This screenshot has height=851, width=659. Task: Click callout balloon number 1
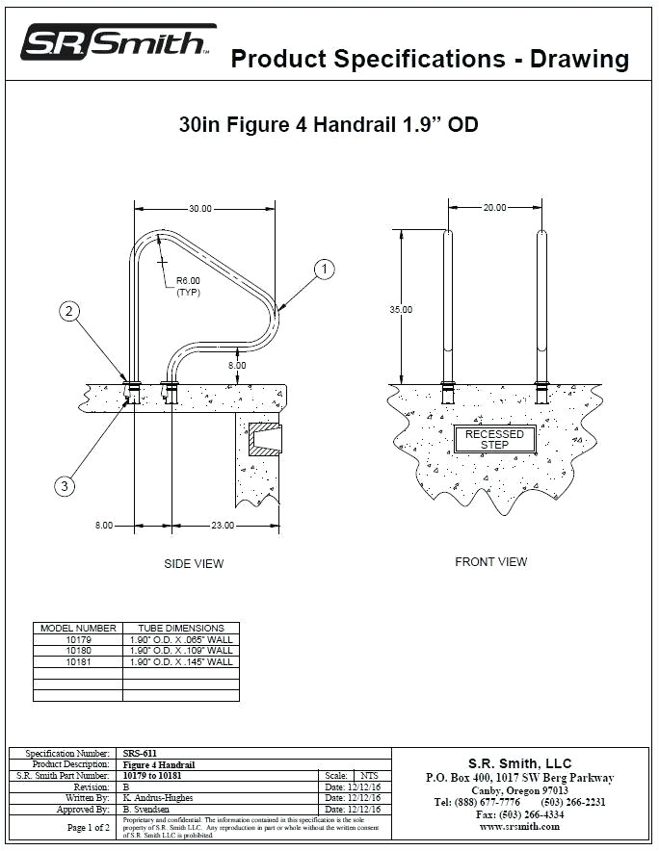point(326,270)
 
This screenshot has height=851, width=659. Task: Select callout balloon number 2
point(68,310)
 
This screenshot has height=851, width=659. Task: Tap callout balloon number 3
point(64,486)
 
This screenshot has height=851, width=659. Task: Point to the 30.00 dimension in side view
point(200,208)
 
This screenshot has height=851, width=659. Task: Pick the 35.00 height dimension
point(401,310)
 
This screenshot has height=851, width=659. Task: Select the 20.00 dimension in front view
point(494,208)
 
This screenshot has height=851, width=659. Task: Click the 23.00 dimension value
point(223,526)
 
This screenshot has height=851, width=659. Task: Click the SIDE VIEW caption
point(194,564)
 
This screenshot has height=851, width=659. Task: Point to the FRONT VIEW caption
point(491,562)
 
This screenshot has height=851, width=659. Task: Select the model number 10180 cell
point(78,650)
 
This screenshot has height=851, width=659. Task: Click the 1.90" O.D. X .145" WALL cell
point(181,661)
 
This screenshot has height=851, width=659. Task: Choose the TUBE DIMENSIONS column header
point(181,628)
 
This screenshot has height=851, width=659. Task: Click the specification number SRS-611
point(141,753)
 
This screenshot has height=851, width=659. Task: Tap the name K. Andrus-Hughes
point(159,798)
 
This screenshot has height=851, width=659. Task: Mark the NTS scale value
point(369,775)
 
